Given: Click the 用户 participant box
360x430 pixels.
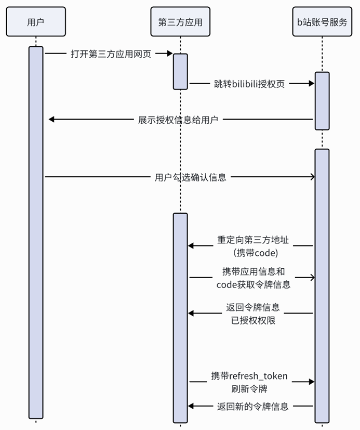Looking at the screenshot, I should (36, 21).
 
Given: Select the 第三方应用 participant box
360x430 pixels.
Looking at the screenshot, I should (180, 21).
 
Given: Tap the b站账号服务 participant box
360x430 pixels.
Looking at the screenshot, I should (322, 21).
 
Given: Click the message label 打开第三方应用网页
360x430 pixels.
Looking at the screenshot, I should (111, 54).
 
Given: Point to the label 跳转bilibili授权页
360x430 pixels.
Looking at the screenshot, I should (249, 83).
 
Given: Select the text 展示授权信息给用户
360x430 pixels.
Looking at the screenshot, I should (178, 120).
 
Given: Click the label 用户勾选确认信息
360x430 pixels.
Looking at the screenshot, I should (191, 177).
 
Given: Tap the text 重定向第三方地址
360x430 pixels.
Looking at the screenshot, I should (253, 241).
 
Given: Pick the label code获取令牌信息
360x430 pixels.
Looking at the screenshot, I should (253, 284).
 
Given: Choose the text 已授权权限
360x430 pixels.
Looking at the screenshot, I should (253, 320).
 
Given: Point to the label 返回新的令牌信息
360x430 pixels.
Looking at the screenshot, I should (252, 406).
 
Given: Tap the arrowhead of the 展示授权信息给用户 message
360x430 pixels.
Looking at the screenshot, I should (52, 120).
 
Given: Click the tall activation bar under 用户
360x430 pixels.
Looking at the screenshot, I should (36, 232).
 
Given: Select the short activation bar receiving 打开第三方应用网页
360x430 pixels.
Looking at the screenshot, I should (180, 71).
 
